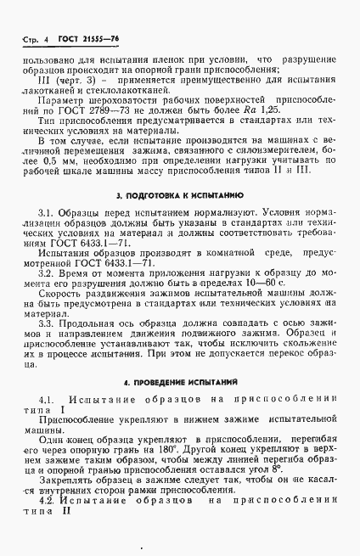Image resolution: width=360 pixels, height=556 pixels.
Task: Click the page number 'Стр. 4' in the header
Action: pyautogui.click(x=31, y=40)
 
